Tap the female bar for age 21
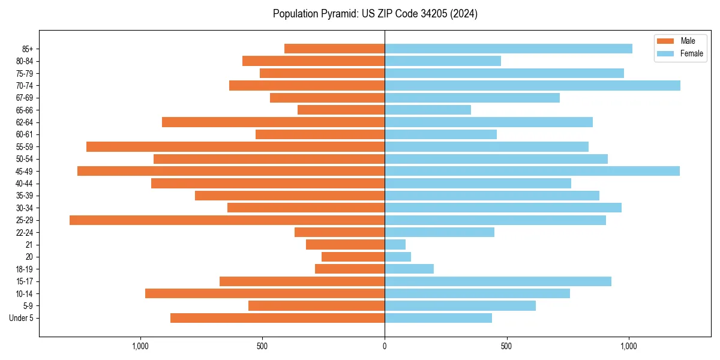395,245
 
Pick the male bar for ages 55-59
235,147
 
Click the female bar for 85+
508,49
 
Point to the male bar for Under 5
277,318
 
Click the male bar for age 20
353,257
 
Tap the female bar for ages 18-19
409,269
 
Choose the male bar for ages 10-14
265,293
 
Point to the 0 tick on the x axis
385,346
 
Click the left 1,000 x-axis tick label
140,346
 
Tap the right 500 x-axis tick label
506,346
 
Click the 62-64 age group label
25,122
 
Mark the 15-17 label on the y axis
25,281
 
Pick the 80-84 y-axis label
25,61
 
